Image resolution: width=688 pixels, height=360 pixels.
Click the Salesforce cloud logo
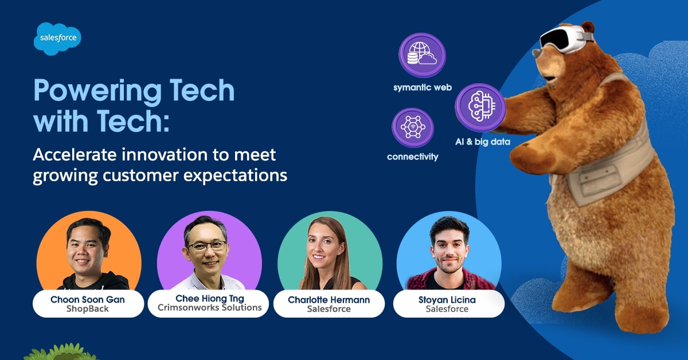click(x=57, y=38)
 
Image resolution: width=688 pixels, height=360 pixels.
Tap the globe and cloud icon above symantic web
click(x=423, y=55)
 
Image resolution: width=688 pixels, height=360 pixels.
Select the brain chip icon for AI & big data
click(x=480, y=107)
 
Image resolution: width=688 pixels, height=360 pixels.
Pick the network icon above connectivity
click(x=413, y=127)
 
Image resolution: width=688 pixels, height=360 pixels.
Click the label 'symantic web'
click(x=423, y=88)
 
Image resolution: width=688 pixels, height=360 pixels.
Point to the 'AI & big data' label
click(x=483, y=142)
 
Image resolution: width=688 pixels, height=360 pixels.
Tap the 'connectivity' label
click(x=412, y=156)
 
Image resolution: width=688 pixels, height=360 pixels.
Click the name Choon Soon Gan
click(x=88, y=299)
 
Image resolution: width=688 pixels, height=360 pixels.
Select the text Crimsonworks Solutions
click(x=209, y=307)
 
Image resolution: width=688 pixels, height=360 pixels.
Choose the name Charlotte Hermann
click(x=329, y=300)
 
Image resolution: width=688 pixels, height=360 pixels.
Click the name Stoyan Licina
click(x=447, y=300)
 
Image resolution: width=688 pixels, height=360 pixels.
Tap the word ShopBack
click(x=88, y=309)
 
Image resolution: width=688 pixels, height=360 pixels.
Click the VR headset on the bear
click(x=566, y=40)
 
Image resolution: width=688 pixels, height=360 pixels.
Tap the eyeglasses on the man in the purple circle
click(x=207, y=246)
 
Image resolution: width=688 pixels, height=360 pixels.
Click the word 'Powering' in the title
click(x=97, y=91)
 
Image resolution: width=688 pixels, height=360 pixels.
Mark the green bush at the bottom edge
click(x=61, y=353)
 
